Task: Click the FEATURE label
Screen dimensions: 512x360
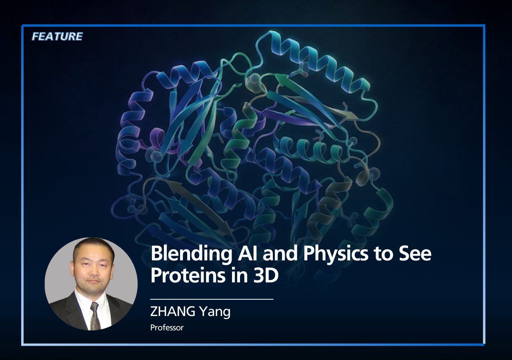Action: [x=57, y=36]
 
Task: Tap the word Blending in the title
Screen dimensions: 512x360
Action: [x=191, y=254]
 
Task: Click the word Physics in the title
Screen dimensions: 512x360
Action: [x=336, y=254]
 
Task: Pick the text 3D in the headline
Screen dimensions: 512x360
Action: [x=266, y=275]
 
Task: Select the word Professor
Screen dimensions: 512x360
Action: [x=167, y=328]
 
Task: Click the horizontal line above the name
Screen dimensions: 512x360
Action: [x=212, y=299]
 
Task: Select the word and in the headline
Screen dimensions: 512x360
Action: [x=281, y=253]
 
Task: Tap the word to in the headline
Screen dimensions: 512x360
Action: [x=384, y=254]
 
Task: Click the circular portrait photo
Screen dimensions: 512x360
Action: [x=91, y=284]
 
